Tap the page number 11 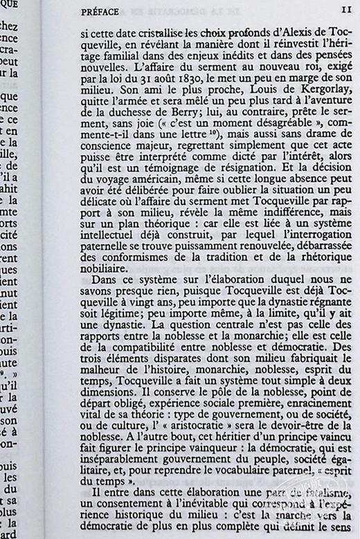tap(345, 11)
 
